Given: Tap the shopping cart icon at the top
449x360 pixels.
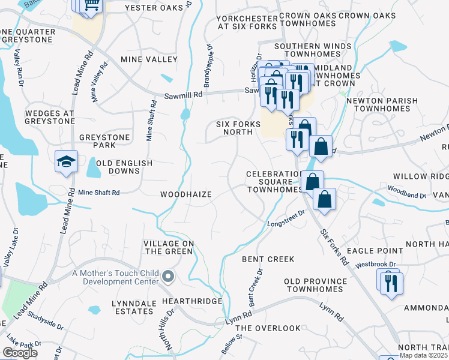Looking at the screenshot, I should (91, 5).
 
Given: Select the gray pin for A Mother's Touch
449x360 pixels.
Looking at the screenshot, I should (169, 277).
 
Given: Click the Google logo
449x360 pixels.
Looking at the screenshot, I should (20, 353).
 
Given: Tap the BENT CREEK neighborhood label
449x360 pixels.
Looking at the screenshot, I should (268, 259).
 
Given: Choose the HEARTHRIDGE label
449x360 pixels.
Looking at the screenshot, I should (191, 301).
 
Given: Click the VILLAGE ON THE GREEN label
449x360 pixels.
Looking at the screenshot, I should (168, 247).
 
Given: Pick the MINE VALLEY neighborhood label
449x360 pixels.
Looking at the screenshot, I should (149, 59).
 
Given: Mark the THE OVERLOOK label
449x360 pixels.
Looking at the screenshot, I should (268, 328).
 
